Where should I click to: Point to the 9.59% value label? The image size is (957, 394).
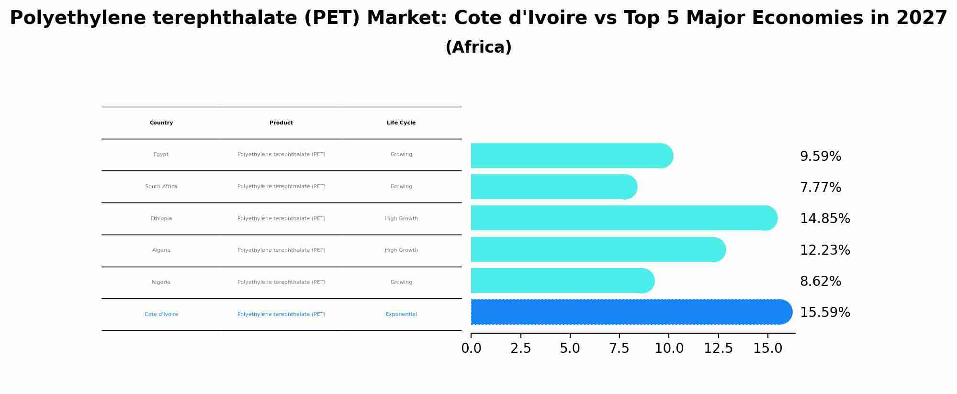[820, 157]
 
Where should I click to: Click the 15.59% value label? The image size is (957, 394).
[824, 313]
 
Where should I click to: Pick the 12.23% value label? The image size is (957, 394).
[824, 250]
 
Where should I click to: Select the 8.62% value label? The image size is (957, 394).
[820, 281]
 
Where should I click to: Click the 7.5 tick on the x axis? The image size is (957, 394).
[619, 349]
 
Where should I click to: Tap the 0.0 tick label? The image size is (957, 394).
[471, 349]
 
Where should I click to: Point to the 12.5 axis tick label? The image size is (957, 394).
[718, 349]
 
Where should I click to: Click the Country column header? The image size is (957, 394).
[161, 123]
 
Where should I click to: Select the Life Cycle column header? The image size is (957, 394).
[401, 123]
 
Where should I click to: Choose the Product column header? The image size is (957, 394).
[281, 123]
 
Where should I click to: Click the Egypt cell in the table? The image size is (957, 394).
[161, 155]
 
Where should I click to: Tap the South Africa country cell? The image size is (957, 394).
[161, 187]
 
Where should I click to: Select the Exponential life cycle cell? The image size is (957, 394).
[401, 315]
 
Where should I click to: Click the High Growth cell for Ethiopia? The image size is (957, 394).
[401, 219]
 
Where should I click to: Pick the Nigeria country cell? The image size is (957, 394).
[161, 282]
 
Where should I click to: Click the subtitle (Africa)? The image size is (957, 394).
[478, 47]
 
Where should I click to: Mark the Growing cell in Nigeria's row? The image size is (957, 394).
[401, 282]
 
